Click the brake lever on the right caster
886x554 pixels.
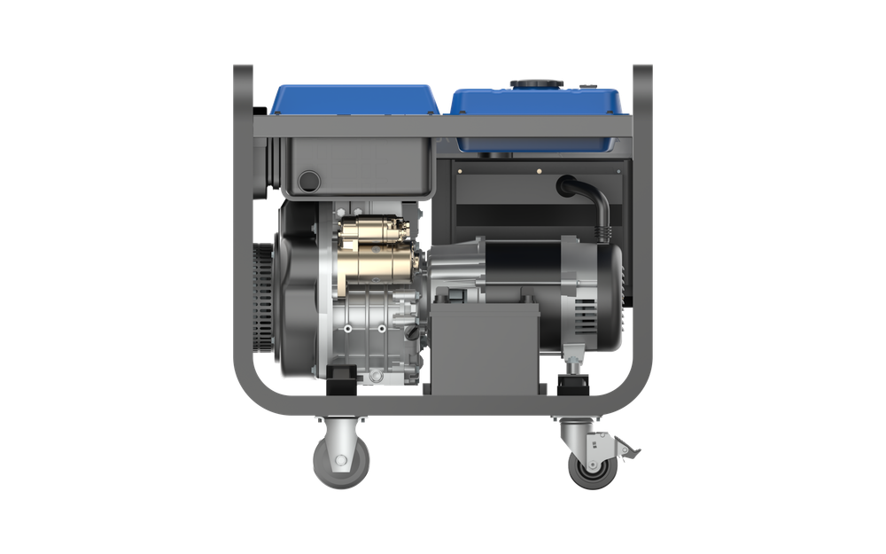tap(627, 453)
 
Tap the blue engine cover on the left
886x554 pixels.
tap(354, 98)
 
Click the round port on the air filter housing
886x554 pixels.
tap(309, 181)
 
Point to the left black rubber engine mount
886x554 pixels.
tap(342, 381)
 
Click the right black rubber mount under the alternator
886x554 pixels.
tap(572, 383)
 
